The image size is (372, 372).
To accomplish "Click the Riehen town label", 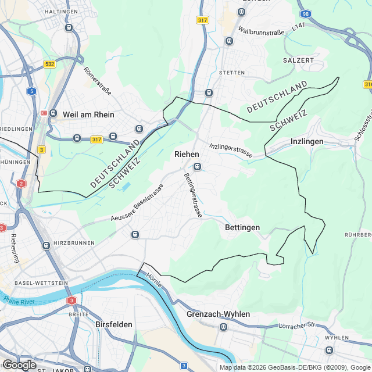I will [187, 154].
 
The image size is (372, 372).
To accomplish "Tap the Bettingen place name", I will [242, 228].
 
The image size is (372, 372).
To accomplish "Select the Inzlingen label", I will [307, 141].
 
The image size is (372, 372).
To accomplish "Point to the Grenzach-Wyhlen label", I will [219, 314].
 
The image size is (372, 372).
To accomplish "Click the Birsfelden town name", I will [114, 324].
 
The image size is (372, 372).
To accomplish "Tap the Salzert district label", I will [298, 60].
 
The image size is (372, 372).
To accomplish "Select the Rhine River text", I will [20, 300].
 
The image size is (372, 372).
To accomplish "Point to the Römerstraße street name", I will [98, 81].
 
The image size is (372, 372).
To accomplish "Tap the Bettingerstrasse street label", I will [193, 195].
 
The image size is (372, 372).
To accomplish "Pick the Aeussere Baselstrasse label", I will [138, 203].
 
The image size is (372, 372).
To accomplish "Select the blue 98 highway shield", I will [306, 13].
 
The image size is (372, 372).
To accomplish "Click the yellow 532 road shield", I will [49, 64].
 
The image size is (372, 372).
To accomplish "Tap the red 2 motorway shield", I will [22, 184].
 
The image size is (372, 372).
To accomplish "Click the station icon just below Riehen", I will [198, 167].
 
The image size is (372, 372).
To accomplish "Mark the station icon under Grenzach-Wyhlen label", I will [224, 327].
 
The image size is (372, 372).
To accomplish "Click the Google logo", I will [19, 364].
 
